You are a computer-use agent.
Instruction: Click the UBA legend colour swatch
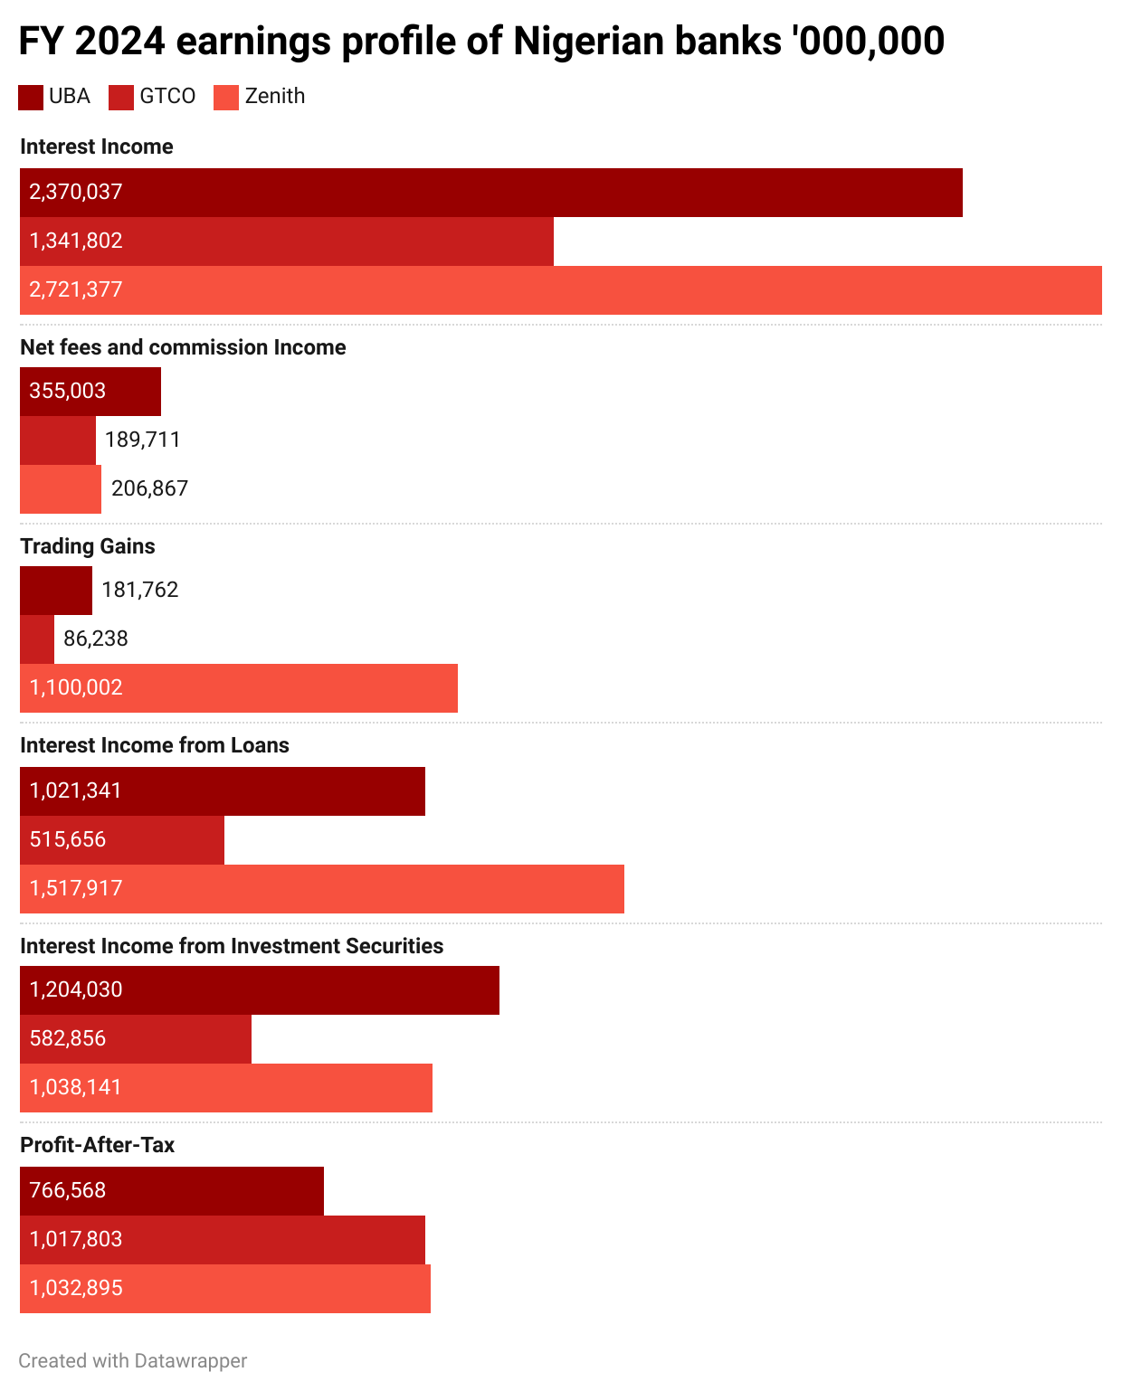[31, 97]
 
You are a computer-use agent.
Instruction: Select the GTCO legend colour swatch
[121, 97]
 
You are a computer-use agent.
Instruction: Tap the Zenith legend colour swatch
[226, 97]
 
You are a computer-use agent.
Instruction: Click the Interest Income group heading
[96, 147]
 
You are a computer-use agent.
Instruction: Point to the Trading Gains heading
[87, 546]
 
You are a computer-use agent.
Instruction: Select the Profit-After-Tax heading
[97, 1145]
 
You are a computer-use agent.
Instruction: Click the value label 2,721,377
[76, 289]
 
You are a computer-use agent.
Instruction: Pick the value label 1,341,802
[76, 241]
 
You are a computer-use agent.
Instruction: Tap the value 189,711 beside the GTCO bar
[143, 440]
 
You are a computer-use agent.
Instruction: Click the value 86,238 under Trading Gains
[96, 639]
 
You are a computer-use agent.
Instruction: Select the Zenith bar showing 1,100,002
[239, 688]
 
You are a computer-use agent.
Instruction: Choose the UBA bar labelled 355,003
[90, 392]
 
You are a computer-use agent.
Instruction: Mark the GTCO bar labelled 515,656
[122, 840]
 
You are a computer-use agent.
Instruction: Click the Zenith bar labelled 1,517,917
[322, 889]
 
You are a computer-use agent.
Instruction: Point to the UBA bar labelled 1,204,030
[260, 990]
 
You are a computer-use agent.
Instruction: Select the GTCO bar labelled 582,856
[136, 1039]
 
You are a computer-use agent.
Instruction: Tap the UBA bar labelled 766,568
[172, 1191]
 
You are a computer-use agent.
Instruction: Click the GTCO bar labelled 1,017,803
[223, 1240]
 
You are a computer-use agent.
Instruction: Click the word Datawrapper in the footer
[190, 1361]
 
